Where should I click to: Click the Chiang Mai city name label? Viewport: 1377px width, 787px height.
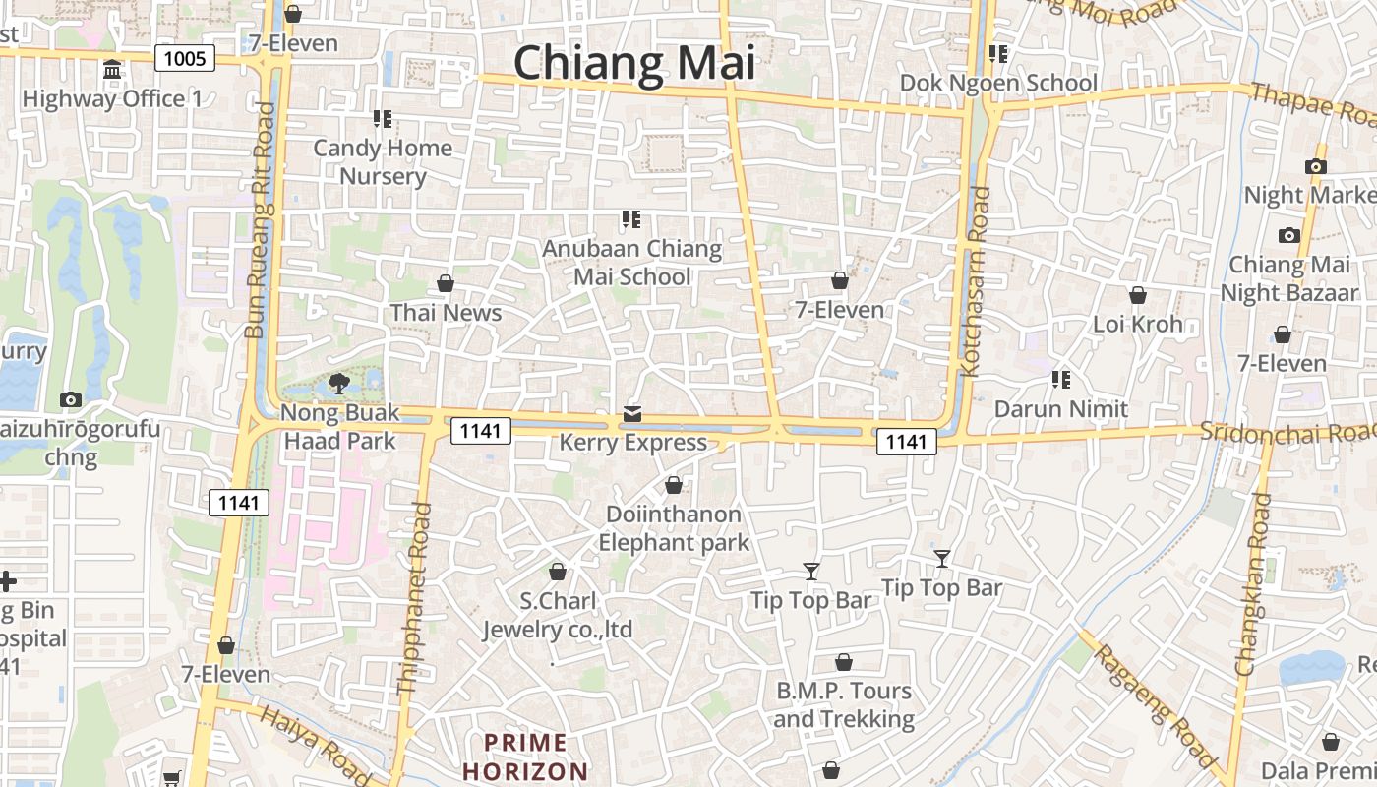tap(634, 63)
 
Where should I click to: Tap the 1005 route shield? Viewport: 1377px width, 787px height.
tap(185, 59)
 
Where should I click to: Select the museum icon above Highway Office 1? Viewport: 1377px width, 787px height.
tap(112, 71)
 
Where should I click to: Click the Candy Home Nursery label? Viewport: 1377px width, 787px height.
tap(383, 162)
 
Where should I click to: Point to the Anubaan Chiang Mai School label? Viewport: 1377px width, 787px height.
tap(632, 263)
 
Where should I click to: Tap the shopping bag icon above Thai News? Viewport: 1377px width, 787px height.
tap(446, 283)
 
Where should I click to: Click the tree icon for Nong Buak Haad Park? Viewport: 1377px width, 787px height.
tap(339, 384)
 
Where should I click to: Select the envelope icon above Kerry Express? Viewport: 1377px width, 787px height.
tap(631, 414)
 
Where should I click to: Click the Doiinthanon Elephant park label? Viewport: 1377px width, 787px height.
tap(674, 528)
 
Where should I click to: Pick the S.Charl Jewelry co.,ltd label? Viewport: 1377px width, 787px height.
tap(557, 615)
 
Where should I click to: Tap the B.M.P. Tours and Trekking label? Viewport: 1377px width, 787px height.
tap(844, 704)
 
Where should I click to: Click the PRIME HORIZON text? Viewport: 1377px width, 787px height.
tap(525, 757)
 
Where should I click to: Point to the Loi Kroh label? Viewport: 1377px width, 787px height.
tap(1137, 324)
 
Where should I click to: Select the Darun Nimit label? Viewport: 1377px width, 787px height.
tap(1060, 408)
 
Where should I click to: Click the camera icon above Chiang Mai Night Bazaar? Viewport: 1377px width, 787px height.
tap(1288, 236)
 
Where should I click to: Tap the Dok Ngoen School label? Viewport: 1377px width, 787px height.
tap(998, 83)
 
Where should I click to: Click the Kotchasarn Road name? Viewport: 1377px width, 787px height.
tap(976, 281)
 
